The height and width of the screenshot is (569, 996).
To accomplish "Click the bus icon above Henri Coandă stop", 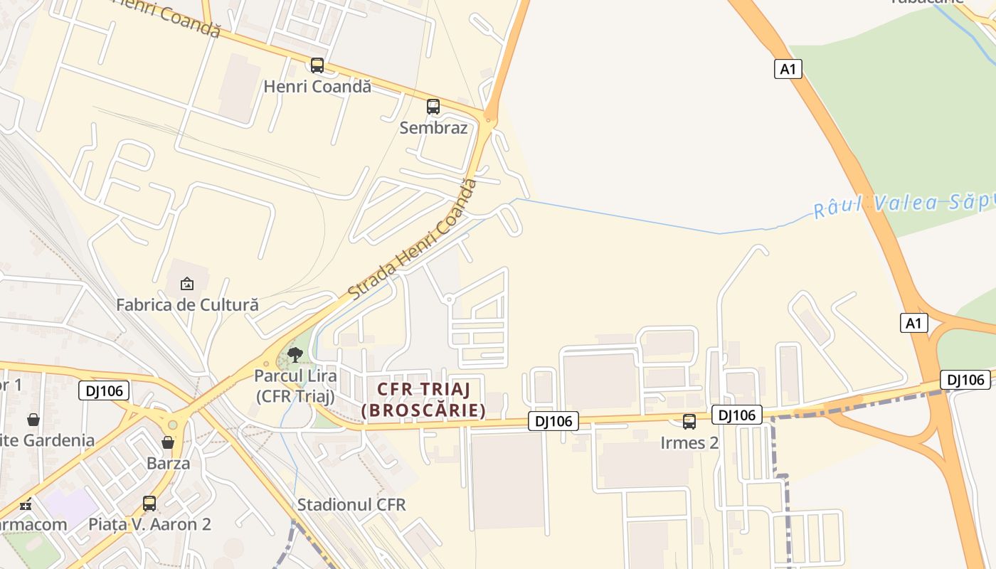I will tap(317, 65).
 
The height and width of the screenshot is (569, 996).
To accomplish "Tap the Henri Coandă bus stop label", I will tap(317, 87).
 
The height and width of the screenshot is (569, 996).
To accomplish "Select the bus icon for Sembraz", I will tap(433, 107).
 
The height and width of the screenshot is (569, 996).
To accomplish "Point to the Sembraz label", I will tap(433, 128).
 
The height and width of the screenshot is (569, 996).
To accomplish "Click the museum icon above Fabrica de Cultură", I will tap(187, 284).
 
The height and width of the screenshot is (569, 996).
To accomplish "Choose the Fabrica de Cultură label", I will tap(187, 305).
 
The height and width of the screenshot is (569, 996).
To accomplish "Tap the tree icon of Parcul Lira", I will tap(295, 354).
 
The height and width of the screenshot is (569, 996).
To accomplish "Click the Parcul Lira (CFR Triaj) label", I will tap(295, 385).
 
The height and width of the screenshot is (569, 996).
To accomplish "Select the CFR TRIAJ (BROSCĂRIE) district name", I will tap(423, 400).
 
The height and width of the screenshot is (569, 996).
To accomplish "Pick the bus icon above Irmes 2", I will tap(689, 422).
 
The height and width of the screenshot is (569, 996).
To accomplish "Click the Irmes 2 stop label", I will tap(689, 443).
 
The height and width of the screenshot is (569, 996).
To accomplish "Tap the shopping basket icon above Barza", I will tap(168, 442).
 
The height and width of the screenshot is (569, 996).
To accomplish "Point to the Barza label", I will tap(168, 464).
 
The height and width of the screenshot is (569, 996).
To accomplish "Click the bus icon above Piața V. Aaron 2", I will tap(149, 503).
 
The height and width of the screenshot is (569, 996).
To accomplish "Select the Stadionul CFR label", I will tap(351, 505).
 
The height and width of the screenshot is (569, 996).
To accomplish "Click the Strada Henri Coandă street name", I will tap(412, 239).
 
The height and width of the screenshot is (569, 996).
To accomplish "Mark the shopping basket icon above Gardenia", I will tap(33, 419).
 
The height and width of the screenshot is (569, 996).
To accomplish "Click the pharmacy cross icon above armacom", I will tap(26, 506).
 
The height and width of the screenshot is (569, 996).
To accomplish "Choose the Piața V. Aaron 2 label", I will tap(149, 524).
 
